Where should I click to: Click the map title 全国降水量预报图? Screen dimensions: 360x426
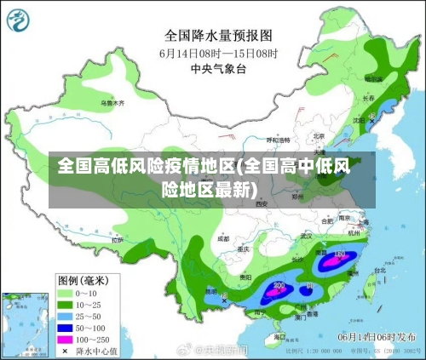pos(218,36)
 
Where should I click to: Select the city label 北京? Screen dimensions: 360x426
pos(319,135)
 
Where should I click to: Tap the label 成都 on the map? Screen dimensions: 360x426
pos(223,239)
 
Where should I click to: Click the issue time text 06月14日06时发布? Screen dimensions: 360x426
pos(376,336)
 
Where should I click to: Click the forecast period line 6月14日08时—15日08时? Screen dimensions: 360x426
pos(218,53)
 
